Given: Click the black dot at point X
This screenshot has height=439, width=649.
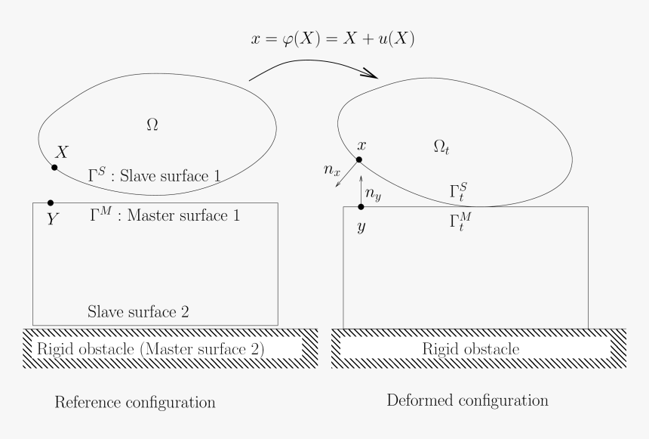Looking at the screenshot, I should [x=54, y=166].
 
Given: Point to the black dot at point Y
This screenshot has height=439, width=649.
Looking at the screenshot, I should [x=51, y=202].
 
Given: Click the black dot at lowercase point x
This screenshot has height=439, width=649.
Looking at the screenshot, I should [x=360, y=159].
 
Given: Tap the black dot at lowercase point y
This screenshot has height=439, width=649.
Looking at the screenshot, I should [x=361, y=206].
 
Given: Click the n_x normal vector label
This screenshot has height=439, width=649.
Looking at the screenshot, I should [x=331, y=171].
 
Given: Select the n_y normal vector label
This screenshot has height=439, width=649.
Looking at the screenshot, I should [x=374, y=195].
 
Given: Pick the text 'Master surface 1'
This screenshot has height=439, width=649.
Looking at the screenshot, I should [x=183, y=215].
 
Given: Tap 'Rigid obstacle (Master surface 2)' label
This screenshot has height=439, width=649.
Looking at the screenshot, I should [x=150, y=349].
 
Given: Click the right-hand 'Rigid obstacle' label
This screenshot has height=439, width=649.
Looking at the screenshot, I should [x=471, y=349].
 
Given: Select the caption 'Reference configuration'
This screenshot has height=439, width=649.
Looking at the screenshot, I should [x=135, y=402].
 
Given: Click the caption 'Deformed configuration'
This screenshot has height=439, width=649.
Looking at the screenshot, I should [x=467, y=399].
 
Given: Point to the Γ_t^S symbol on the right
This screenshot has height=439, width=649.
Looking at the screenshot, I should [x=460, y=192].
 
